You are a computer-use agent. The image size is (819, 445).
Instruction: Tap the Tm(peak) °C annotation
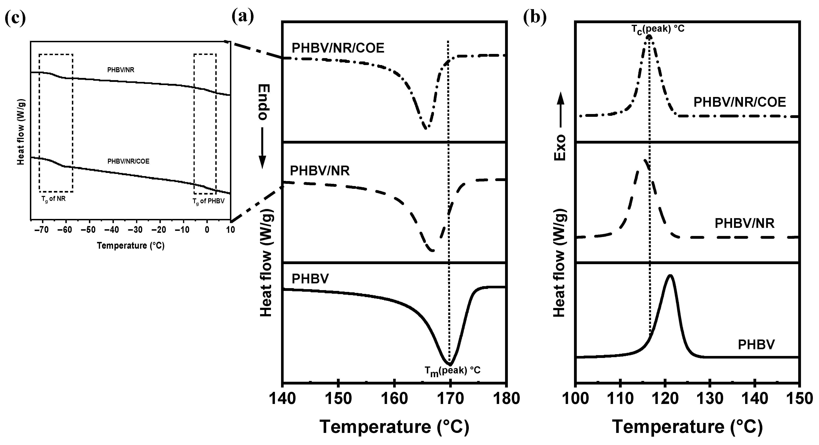click(x=452, y=370)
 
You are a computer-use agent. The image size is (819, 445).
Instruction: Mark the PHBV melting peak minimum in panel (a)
click(x=450, y=364)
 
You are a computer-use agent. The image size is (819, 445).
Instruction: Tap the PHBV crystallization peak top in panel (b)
click(x=670, y=275)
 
